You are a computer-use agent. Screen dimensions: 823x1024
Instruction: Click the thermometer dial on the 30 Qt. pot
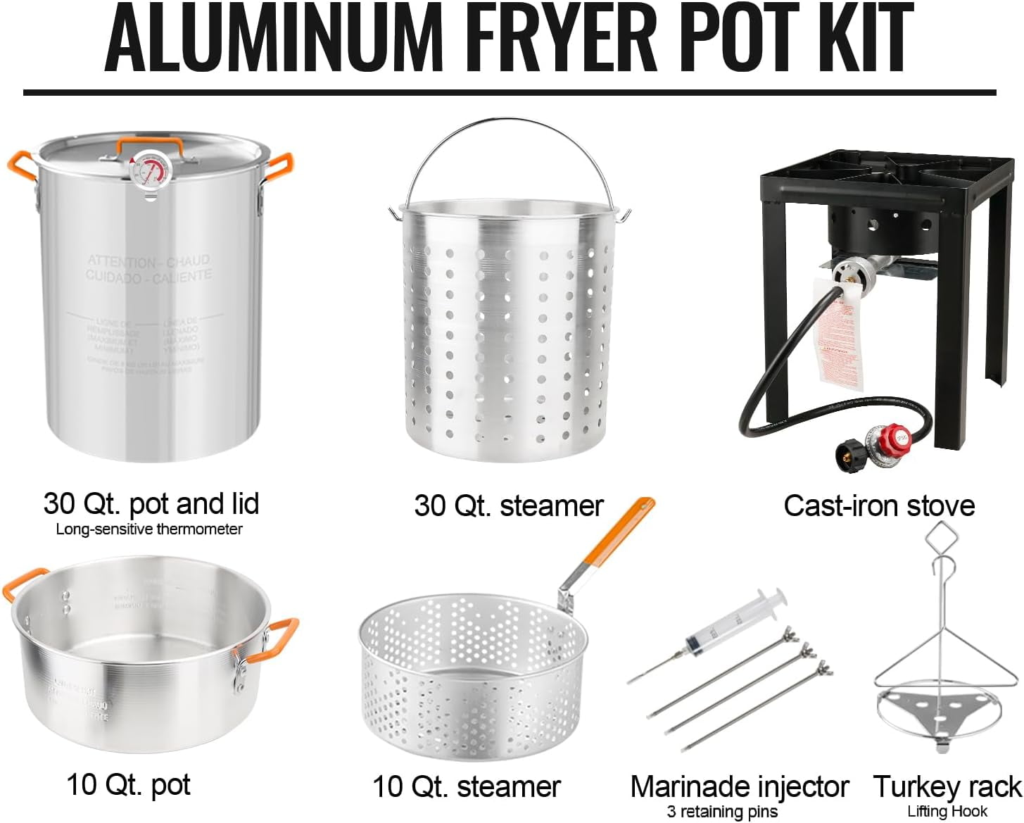point(149,171)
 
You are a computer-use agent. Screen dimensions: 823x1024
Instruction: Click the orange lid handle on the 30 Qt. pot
point(150,143)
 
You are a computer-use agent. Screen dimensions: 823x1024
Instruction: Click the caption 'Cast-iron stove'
point(879,505)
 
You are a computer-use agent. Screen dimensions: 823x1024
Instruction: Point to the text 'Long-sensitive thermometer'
point(149,529)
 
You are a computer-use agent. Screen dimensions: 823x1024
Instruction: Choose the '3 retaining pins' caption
point(722,812)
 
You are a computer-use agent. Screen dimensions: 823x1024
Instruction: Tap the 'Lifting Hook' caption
point(947,811)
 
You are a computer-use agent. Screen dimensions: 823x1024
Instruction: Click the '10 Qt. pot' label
point(128,784)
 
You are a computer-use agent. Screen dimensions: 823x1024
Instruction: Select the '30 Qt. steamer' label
point(508,505)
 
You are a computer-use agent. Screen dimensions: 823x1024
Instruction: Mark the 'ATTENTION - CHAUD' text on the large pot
point(148,261)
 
